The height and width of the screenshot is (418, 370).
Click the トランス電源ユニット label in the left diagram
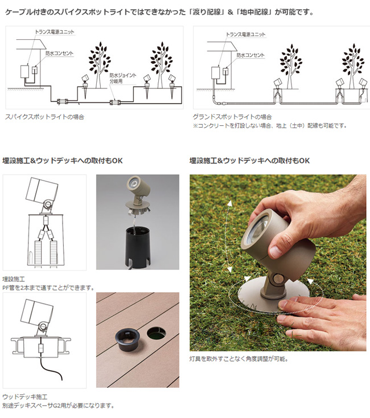click(x=54, y=32)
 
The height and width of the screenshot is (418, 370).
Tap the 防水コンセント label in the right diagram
click(x=250, y=55)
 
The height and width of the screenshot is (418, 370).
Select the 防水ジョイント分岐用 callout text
click(x=123, y=78)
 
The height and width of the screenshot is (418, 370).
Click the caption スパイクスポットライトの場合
click(x=45, y=117)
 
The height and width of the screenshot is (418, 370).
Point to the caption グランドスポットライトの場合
click(x=232, y=117)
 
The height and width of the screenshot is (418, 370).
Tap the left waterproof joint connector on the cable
click(x=63, y=101)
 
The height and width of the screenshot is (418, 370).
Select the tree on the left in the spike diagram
click(x=100, y=64)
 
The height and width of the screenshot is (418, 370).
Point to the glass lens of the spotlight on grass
click(x=258, y=229)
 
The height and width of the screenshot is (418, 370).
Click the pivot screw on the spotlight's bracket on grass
click(x=277, y=279)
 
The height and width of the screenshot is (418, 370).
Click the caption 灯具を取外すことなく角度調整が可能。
click(x=239, y=359)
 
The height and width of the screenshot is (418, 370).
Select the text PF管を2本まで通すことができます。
click(x=48, y=288)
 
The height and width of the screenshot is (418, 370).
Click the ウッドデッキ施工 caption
click(x=25, y=397)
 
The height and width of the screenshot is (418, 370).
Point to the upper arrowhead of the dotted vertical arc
click(x=229, y=204)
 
